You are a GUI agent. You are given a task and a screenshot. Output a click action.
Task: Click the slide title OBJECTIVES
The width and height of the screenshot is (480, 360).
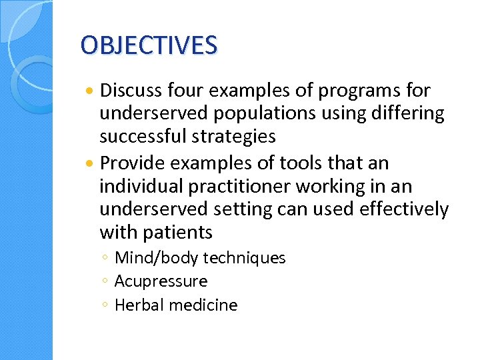coord(149,45)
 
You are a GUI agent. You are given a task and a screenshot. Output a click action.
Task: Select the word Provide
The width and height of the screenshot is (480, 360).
coord(131,163)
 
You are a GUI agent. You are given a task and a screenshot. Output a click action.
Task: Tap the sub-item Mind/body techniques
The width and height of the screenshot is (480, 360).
coord(200,258)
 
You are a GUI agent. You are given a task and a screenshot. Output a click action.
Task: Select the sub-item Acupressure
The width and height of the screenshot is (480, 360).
coord(161,281)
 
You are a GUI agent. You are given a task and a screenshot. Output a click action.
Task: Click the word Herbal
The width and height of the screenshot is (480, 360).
coord(139,305)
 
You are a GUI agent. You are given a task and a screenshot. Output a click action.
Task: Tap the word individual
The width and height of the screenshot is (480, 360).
coord(135,187)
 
